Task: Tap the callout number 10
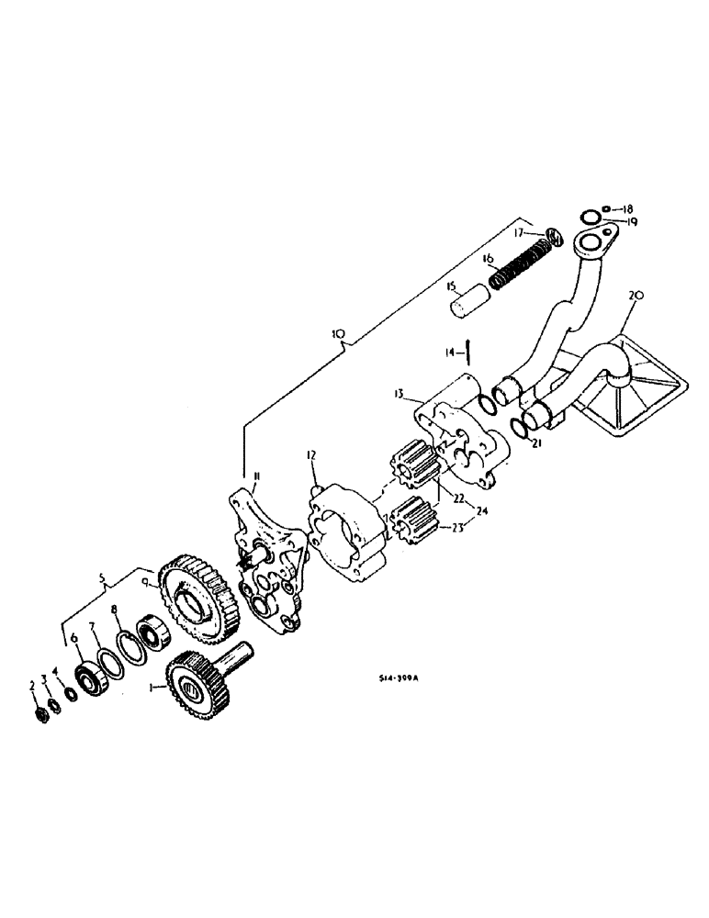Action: click(339, 336)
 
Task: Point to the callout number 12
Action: click(312, 453)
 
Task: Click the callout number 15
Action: click(452, 287)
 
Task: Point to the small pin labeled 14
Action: click(468, 351)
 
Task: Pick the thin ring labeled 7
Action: click(109, 664)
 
